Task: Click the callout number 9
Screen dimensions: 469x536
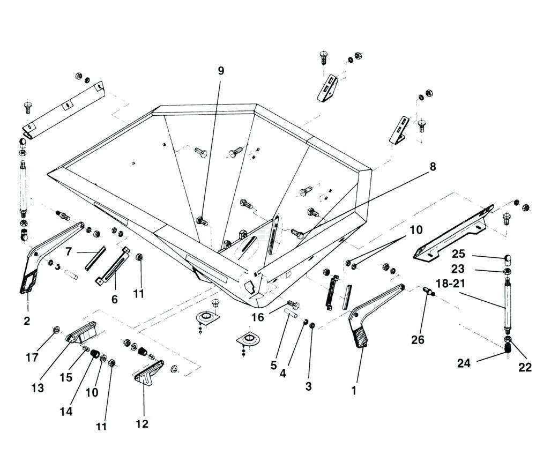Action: click(x=221, y=71)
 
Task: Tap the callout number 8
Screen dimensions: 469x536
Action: click(x=432, y=167)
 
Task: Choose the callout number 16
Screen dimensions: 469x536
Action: click(x=257, y=317)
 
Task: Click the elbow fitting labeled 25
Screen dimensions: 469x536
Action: click(x=507, y=260)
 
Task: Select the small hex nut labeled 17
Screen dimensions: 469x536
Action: click(x=56, y=329)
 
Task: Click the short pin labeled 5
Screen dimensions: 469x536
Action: click(x=293, y=311)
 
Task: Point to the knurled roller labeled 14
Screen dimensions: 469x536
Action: click(x=96, y=354)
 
